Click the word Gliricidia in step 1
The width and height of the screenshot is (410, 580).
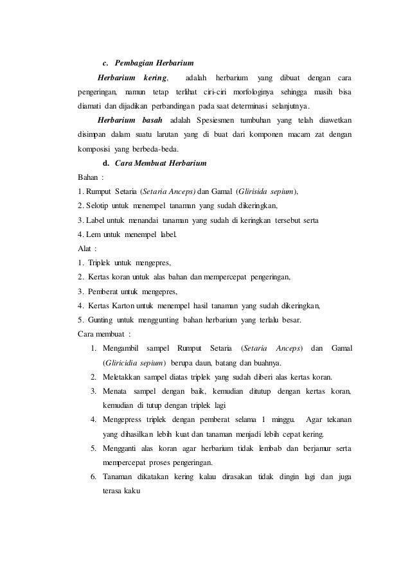point(122,362)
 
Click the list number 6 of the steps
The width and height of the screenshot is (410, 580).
point(93,476)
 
